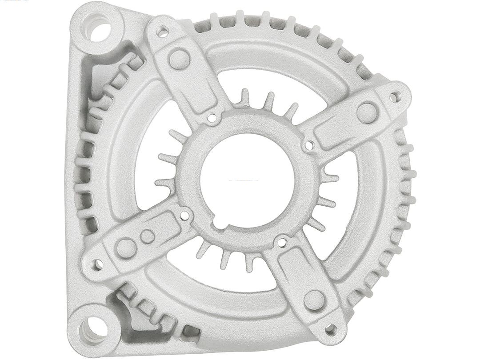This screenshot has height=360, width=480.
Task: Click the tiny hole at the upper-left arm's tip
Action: tap(163, 32)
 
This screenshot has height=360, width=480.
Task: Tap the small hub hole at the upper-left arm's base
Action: tap(212, 118)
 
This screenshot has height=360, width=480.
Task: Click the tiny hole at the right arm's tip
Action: tap(394, 97)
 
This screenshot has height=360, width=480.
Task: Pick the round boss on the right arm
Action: tap(367, 112)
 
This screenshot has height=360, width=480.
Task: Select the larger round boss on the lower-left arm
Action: tap(126, 248)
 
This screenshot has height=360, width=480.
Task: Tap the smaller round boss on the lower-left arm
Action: tap(148, 236)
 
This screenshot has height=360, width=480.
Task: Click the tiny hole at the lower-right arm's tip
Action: tap(331, 329)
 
